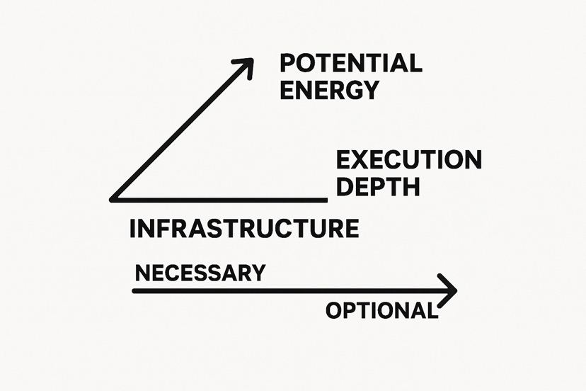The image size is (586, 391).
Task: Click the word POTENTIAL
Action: point(351,63)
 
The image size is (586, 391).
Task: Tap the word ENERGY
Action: point(330,90)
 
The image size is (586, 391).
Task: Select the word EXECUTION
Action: point(408,159)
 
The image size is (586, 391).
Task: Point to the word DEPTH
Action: point(378,186)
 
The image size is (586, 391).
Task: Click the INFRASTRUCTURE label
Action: point(244,229)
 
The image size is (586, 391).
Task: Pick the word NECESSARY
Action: point(200,273)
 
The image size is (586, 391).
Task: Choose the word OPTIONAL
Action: point(381,310)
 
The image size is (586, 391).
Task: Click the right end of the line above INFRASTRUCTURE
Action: point(325,199)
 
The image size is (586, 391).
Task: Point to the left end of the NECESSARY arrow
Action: point(134,290)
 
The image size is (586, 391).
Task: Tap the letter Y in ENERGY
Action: point(371,90)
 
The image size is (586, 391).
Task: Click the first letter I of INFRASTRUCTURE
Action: point(134,229)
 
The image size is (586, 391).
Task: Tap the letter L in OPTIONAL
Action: point(430,310)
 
